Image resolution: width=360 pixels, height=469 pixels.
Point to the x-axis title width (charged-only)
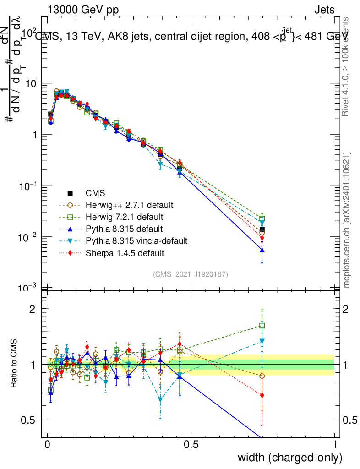289,457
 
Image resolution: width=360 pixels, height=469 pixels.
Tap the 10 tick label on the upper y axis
32,84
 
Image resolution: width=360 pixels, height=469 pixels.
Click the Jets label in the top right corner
324,10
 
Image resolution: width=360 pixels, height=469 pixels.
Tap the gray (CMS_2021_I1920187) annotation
191,274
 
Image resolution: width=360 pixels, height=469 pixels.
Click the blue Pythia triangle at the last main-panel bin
262,250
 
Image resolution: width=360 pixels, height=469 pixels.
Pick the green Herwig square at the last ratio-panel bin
262,326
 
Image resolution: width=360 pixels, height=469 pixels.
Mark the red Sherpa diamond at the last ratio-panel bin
262,395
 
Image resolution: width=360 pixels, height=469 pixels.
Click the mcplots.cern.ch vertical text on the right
347,220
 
